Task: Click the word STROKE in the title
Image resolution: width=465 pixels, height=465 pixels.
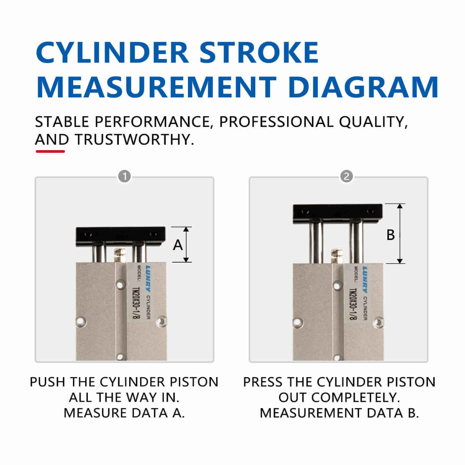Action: pyautogui.click(x=259, y=52)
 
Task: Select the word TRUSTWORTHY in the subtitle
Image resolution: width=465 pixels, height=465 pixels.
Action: pyautogui.click(x=134, y=139)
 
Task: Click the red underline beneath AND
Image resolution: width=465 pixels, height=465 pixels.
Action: pyautogui.click(x=50, y=151)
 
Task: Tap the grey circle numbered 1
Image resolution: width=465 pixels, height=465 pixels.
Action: pyautogui.click(x=125, y=177)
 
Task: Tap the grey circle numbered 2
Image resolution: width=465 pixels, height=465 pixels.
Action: pyautogui.click(x=346, y=177)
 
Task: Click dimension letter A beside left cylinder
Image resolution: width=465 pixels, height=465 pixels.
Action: pyautogui.click(x=178, y=245)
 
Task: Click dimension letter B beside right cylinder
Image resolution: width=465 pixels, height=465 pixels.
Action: pyautogui.click(x=390, y=235)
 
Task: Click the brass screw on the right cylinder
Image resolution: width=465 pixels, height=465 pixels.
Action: pyautogui.click(x=337, y=255)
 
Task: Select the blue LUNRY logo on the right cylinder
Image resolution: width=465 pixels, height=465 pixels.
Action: pyautogui.click(x=365, y=275)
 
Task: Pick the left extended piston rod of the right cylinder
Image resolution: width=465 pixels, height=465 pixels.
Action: pyautogui.click(x=316, y=242)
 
